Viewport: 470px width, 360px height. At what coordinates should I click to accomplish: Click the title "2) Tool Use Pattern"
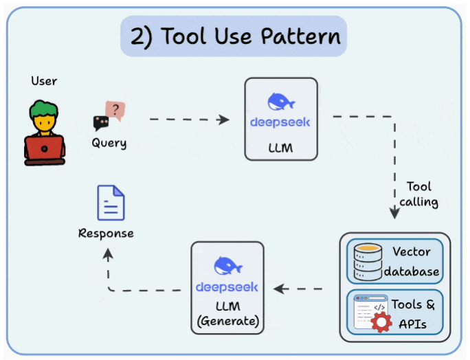(234, 36)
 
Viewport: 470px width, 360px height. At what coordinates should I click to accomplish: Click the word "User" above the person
(43, 81)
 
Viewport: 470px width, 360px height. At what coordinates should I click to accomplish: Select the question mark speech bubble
(115, 110)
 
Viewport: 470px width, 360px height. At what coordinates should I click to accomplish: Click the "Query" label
(109, 144)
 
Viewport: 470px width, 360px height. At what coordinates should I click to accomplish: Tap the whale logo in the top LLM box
(281, 102)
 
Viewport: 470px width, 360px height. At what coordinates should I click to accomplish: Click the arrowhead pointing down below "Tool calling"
(394, 214)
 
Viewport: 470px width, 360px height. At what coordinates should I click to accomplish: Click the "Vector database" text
(411, 261)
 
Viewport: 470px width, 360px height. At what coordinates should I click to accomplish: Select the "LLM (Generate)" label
(227, 313)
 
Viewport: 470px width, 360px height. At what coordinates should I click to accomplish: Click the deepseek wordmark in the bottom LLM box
(227, 286)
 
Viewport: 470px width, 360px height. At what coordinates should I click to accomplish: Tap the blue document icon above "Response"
(111, 203)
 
